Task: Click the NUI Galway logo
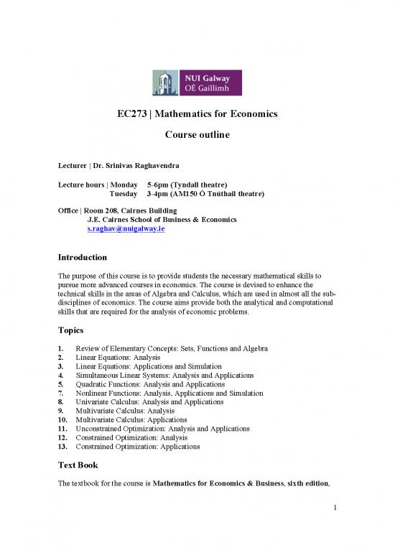(197, 83)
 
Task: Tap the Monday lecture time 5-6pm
(158, 184)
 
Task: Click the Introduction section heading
(83, 257)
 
